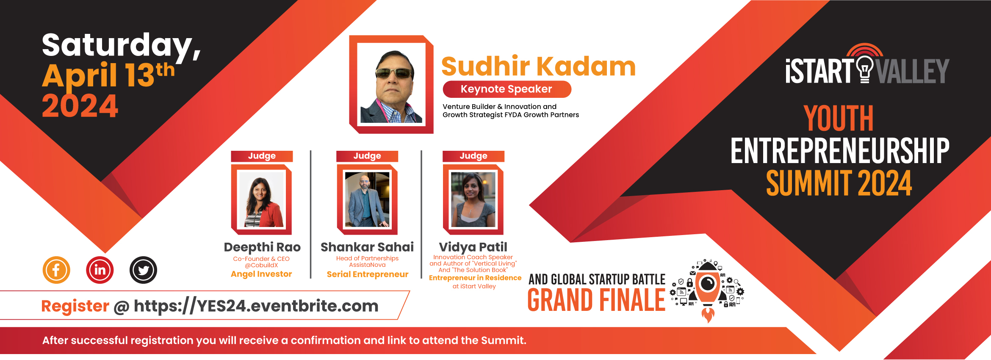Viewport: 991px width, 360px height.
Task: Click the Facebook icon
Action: [56, 270]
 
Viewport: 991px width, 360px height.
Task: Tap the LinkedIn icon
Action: [100, 270]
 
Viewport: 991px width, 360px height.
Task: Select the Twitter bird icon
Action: [143, 270]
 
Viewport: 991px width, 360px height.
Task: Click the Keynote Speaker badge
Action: [507, 89]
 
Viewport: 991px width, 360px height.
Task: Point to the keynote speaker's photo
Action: [391, 84]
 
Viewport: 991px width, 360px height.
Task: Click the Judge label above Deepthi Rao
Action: [262, 156]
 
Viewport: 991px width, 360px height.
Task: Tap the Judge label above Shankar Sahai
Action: [367, 156]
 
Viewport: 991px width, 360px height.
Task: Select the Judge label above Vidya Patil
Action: [473, 156]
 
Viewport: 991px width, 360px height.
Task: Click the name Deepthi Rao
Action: [262, 247]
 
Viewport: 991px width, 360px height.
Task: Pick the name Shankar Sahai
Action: [367, 247]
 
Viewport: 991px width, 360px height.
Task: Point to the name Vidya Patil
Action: [473, 247]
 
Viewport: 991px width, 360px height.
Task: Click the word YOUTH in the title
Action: [839, 119]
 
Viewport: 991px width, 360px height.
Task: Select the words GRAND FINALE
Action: [596, 300]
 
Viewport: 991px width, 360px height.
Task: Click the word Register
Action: [75, 306]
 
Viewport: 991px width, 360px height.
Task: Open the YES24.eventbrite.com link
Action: [256, 306]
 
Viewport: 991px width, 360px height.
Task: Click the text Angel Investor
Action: [261, 274]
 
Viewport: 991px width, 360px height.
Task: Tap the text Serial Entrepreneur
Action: [367, 274]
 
